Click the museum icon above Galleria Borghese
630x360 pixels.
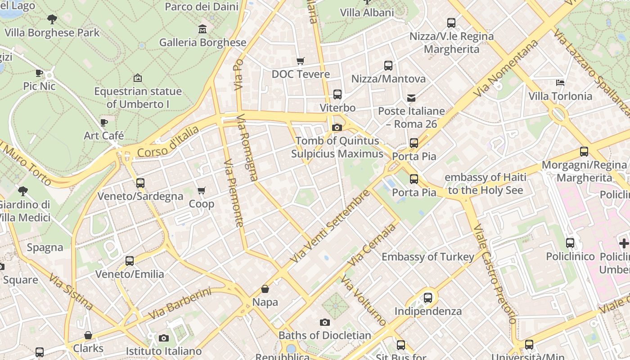[x=202, y=29]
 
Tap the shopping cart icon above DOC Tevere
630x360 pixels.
[x=300, y=61]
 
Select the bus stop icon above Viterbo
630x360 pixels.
[x=337, y=94]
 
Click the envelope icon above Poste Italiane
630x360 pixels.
[x=411, y=98]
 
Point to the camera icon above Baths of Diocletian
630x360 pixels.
[x=324, y=322]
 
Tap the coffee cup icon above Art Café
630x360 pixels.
[x=104, y=122]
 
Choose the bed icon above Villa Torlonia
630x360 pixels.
[x=560, y=83]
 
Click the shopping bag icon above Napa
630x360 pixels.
[x=265, y=289]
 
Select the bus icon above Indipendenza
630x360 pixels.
[x=428, y=298]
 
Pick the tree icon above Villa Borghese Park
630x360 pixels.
[x=52, y=19]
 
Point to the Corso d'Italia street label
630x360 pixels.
[x=168, y=142]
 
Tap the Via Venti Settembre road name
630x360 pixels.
[x=329, y=226]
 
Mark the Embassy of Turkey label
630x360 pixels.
[x=427, y=257]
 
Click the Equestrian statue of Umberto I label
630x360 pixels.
[x=138, y=98]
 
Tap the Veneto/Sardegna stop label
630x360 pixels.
[x=140, y=196]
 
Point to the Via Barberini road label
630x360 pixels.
[x=179, y=304]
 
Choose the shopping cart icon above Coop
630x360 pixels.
[x=202, y=191]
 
